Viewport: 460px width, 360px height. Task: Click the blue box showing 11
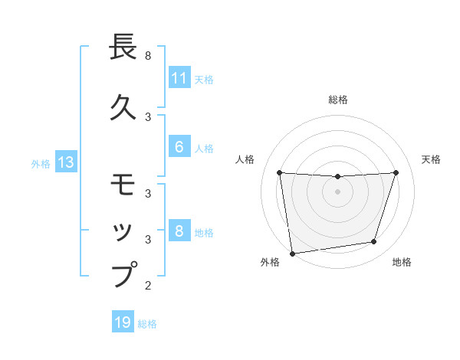[x=179, y=78]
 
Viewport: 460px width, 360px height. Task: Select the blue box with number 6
[x=179, y=147]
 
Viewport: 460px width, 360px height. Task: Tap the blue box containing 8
[x=179, y=232]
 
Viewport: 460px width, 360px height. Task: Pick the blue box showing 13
[x=65, y=162]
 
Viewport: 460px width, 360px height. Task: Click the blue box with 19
[x=123, y=322]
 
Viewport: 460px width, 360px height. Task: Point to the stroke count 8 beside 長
[x=148, y=56]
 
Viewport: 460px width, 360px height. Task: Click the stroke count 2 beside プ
[x=148, y=286]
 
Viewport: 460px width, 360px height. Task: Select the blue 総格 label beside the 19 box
[x=147, y=324]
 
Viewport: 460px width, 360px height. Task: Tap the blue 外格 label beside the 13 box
[x=41, y=163]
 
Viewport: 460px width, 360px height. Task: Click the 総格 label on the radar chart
[x=338, y=100]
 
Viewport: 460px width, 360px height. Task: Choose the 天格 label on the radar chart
[x=431, y=159]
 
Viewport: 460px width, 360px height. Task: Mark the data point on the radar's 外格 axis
[x=292, y=253]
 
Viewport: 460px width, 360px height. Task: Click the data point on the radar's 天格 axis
[x=396, y=172]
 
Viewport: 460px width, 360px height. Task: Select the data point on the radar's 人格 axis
[x=280, y=172]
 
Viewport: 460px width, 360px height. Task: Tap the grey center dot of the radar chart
[x=337, y=191]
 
